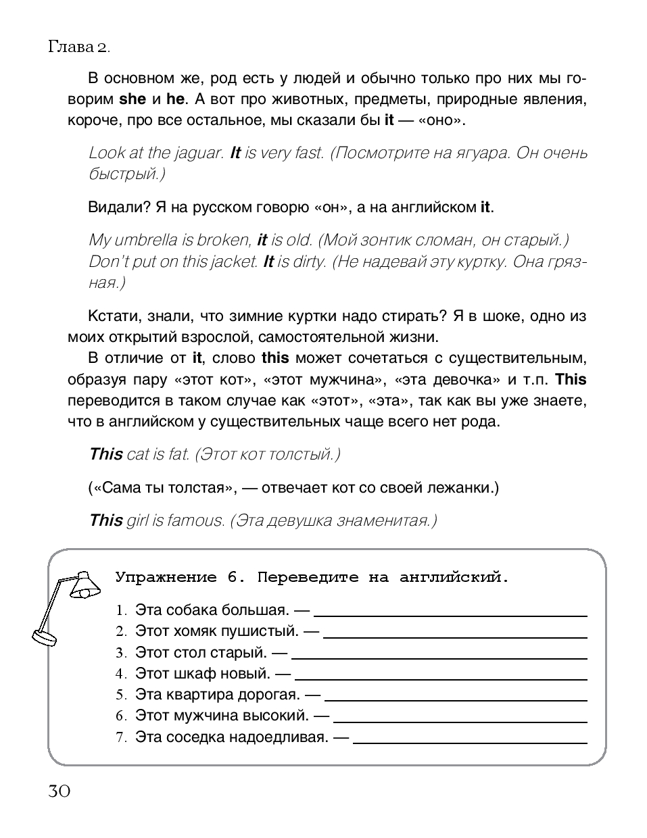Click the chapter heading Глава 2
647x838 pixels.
point(78,47)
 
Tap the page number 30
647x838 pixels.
point(59,790)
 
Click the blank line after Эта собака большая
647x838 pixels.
point(450,614)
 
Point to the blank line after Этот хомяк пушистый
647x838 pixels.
point(455,635)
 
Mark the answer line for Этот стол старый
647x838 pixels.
point(439,657)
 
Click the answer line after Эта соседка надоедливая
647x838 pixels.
point(470,741)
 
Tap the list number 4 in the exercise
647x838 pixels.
point(121,674)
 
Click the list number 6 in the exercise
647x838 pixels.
point(121,716)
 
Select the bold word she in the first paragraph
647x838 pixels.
point(133,99)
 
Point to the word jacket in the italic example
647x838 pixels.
point(233,262)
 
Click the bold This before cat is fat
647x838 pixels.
point(106,454)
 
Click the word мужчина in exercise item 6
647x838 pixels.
point(221,715)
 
